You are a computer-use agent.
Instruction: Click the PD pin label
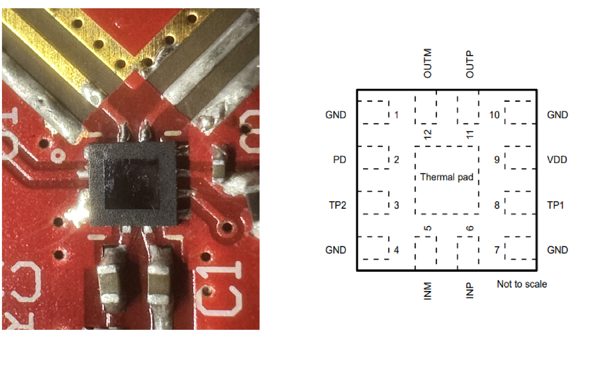pyautogui.click(x=339, y=160)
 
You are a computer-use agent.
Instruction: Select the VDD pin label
pyautogui.click(x=557, y=160)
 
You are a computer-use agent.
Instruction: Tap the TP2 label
pyautogui.click(x=337, y=205)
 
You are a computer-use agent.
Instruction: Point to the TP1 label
pyautogui.click(x=555, y=205)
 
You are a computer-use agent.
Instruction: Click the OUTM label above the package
pyautogui.click(x=428, y=63)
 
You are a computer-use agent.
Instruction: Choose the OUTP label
pyautogui.click(x=470, y=64)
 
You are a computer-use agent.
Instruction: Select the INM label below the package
pyautogui.click(x=428, y=291)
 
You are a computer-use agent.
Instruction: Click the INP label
pyautogui.click(x=470, y=290)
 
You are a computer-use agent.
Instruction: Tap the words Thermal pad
pyautogui.click(x=447, y=177)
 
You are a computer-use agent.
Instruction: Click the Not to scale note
pyautogui.click(x=522, y=284)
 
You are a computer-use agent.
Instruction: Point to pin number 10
pyautogui.click(x=494, y=115)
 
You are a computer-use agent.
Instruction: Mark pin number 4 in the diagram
pyautogui.click(x=396, y=250)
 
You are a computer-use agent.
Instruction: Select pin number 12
pyautogui.click(x=428, y=134)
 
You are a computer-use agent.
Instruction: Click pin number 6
pyautogui.click(x=470, y=228)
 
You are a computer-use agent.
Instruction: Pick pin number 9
pyautogui.click(x=497, y=160)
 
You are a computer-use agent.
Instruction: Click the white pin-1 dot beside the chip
pyautogui.click(x=58, y=156)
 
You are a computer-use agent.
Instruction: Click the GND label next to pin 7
pyautogui.click(x=557, y=250)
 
